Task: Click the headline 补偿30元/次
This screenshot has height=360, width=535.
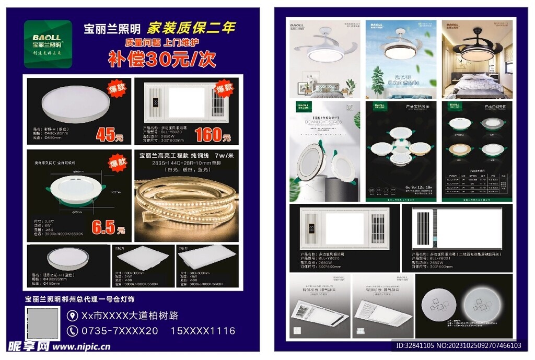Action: [x=162, y=59]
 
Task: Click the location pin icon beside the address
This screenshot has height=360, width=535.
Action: [x=73, y=316]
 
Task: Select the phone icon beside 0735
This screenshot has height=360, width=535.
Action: [x=73, y=330]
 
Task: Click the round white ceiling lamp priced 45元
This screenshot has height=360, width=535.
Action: [x=76, y=104]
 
